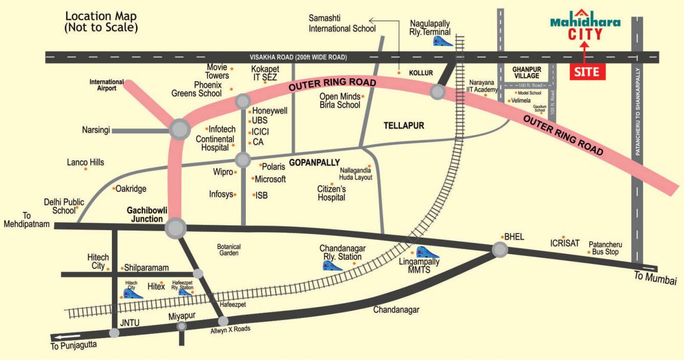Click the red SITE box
point(588,72)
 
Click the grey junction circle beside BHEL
point(500,249)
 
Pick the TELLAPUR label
point(404,125)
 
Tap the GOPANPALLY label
point(314,163)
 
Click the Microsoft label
point(270,179)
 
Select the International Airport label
point(106,85)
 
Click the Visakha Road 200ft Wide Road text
point(298,57)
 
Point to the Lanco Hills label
point(85,162)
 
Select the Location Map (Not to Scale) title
point(101,22)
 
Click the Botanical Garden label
point(229,250)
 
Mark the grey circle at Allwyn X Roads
point(223,321)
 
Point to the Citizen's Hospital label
point(331,193)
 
